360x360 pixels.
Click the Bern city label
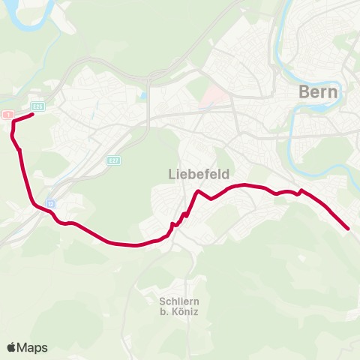(x=319, y=91)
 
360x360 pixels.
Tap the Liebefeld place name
(x=193, y=173)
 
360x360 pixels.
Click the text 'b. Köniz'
(x=178, y=312)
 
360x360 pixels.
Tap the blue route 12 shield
(x=51, y=202)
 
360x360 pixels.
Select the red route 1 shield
(x=7, y=114)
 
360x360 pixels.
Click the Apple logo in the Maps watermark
(x=12, y=347)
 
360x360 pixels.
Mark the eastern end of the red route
(x=349, y=228)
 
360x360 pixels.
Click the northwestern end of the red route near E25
(x=32, y=115)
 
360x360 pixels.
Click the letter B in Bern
(x=304, y=91)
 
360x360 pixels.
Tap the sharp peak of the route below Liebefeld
(x=197, y=192)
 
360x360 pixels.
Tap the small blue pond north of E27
(x=143, y=96)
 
